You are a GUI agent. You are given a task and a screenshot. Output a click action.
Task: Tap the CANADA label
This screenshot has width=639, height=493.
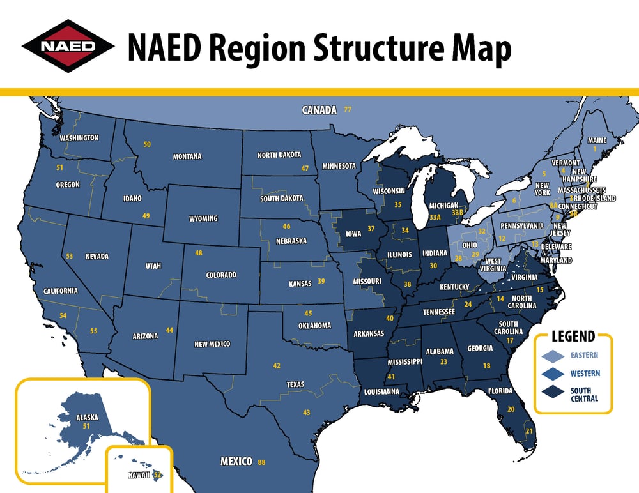pyautogui.click(x=319, y=110)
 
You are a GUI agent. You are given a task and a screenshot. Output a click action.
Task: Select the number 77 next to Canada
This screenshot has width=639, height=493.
pyautogui.click(x=348, y=110)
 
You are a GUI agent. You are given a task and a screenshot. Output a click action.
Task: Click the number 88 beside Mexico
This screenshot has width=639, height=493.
pyautogui.click(x=261, y=462)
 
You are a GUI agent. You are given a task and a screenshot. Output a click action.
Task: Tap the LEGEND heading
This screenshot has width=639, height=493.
pyautogui.click(x=574, y=337)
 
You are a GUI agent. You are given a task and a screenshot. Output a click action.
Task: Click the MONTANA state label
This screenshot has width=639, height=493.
pyautogui.click(x=187, y=156)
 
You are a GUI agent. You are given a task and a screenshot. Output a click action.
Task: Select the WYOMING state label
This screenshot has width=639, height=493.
pyautogui.click(x=203, y=218)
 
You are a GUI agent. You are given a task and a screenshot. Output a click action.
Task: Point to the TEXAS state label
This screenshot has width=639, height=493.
pyautogui.click(x=295, y=384)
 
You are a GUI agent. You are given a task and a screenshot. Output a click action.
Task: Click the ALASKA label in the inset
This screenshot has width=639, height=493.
pyautogui.click(x=87, y=416)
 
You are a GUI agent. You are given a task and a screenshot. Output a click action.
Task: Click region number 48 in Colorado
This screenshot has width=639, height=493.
pyautogui.click(x=199, y=254)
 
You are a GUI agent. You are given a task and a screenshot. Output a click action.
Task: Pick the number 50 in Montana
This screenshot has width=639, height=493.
pyautogui.click(x=147, y=145)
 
